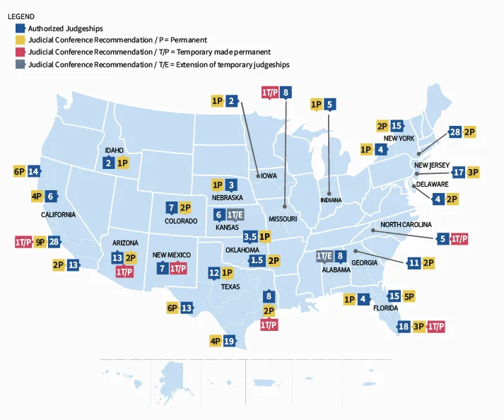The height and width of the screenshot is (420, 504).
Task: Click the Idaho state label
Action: point(114,151)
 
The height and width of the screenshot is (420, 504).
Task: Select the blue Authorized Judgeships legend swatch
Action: point(20,28)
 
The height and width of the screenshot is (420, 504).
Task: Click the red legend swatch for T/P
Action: point(20,52)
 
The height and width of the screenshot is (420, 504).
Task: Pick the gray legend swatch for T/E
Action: point(20,64)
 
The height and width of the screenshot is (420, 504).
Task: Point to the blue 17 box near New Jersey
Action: point(459,171)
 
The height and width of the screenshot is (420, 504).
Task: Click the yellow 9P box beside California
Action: point(40,241)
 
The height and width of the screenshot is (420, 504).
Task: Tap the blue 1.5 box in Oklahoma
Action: point(257,260)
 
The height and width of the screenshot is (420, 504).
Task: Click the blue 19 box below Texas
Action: point(228,341)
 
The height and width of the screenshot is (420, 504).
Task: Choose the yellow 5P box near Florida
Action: point(409,296)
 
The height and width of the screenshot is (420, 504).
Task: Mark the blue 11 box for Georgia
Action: point(414,263)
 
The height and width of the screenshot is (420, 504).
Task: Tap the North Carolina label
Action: point(405,224)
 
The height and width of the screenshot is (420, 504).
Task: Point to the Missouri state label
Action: point(282,218)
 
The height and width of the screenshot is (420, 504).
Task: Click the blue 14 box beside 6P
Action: point(33,170)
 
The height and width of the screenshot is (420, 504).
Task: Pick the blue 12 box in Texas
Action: point(214,273)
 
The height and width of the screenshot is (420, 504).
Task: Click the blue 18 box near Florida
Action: point(404,326)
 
